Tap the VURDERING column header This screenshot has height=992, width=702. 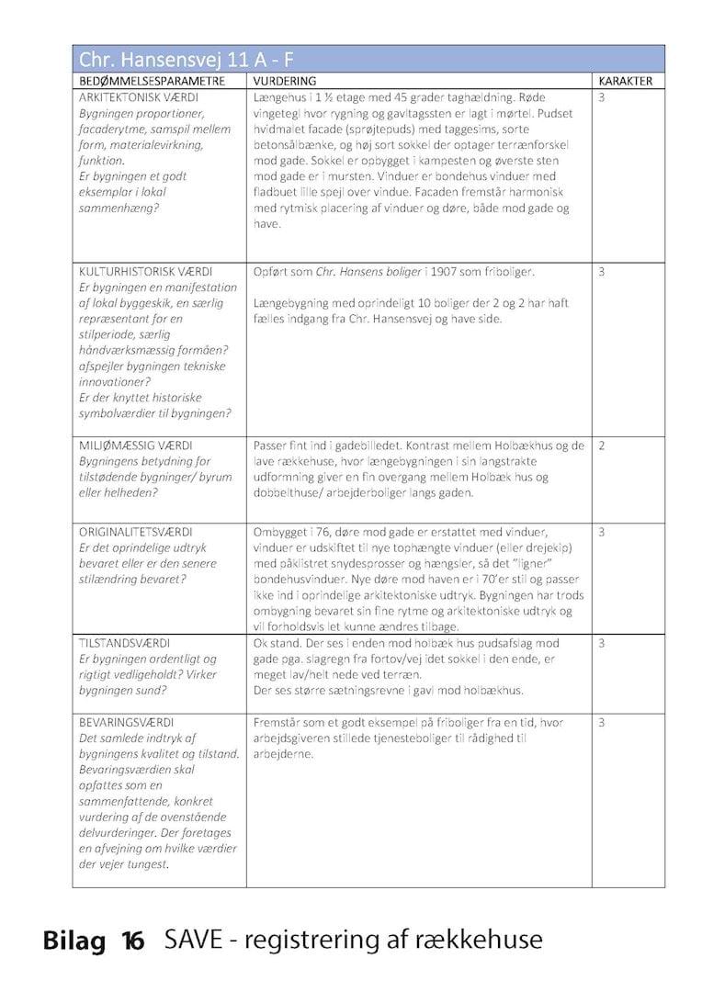(284, 81)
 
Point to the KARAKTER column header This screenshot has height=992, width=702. (625, 81)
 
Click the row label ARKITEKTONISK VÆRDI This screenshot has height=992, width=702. (139, 96)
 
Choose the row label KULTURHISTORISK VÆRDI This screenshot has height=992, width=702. (146, 273)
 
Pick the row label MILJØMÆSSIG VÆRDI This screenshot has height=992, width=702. (135, 445)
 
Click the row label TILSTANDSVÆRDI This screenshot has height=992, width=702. (126, 643)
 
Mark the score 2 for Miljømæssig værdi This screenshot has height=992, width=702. (602, 445)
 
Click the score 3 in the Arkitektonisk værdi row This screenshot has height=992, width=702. (602, 96)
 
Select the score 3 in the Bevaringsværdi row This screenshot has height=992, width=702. (602, 723)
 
